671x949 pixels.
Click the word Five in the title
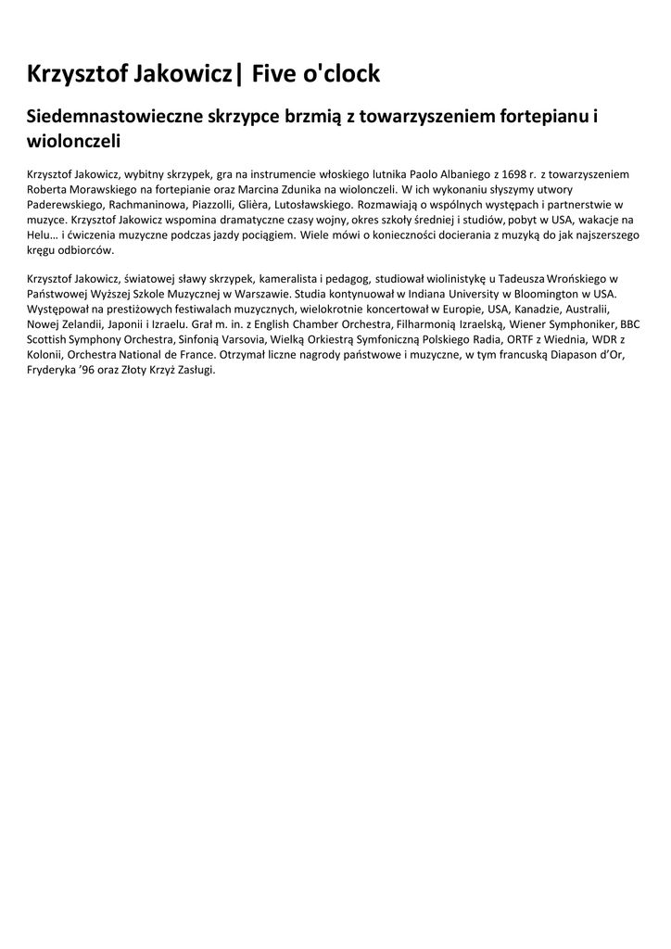tap(276, 73)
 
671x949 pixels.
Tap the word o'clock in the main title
tap(342, 73)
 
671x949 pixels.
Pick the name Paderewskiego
tap(65, 203)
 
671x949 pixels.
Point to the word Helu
tap(40, 234)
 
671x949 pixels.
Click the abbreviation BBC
tap(630, 323)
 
